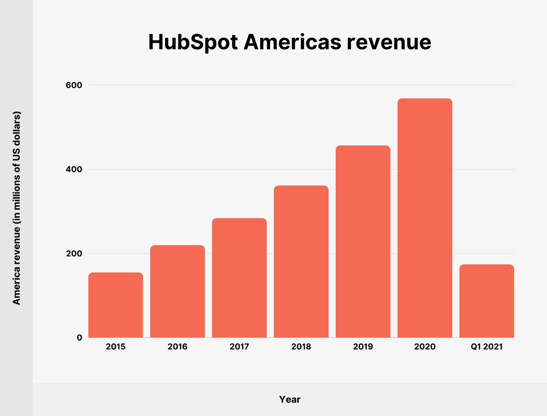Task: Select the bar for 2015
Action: click(116, 305)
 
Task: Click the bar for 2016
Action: click(177, 291)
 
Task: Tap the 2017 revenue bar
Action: click(239, 278)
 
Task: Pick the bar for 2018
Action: click(301, 262)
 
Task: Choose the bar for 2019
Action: click(363, 241)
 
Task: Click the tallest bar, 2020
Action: click(425, 218)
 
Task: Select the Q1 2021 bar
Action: click(487, 301)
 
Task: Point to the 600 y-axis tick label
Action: click(74, 85)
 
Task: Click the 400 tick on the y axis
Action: click(74, 169)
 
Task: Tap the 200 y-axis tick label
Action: click(74, 254)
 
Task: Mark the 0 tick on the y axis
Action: click(79, 338)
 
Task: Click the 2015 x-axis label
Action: click(116, 347)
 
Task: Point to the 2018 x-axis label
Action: click(301, 347)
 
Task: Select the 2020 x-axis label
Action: click(425, 347)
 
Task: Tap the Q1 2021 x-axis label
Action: click(487, 347)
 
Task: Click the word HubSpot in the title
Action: click(193, 42)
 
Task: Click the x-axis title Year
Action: click(290, 399)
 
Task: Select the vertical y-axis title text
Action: click(17, 208)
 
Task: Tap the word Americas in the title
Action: click(292, 42)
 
